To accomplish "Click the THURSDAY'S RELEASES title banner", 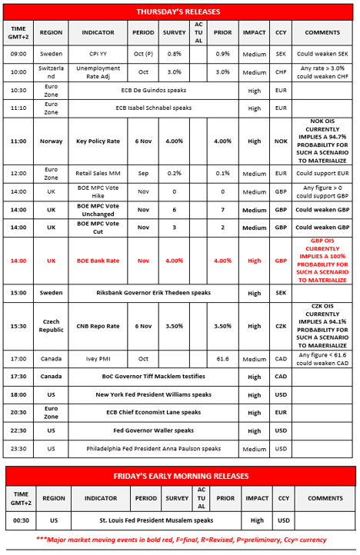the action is click(178, 12).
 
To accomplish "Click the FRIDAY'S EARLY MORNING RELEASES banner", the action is click(178, 476).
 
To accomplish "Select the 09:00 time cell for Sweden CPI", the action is click(18, 55).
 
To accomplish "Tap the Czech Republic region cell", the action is click(51, 326).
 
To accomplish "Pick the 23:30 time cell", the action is click(18, 449).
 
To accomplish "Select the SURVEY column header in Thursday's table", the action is click(174, 34).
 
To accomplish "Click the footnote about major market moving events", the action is click(179, 540).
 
